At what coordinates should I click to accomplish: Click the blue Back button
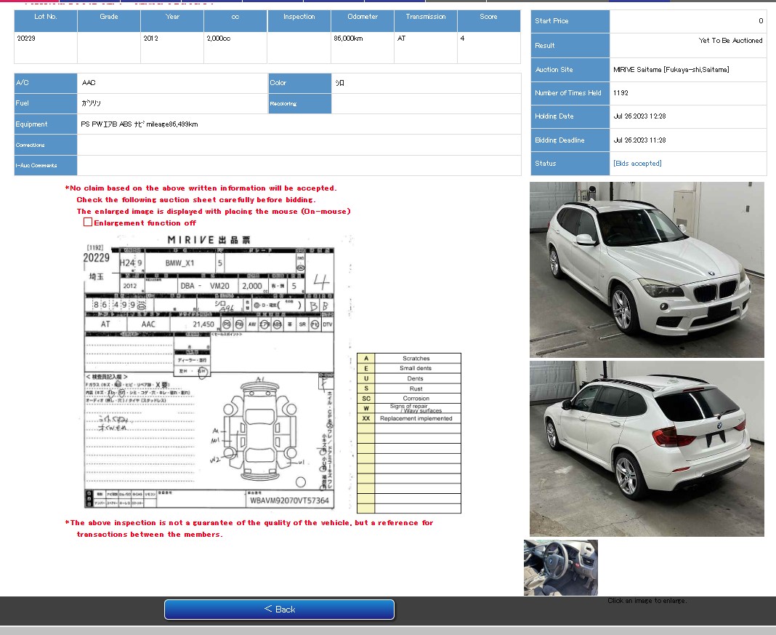coord(279,609)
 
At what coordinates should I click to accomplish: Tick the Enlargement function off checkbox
coord(88,223)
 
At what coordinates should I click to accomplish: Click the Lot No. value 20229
coord(26,39)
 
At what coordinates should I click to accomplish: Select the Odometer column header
coord(362,17)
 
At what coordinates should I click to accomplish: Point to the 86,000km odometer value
coord(348,39)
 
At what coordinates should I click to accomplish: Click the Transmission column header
coord(426,17)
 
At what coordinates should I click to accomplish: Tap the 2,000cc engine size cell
coord(219,39)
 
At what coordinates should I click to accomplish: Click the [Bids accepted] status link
coord(637,164)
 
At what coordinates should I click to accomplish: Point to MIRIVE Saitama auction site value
coord(671,70)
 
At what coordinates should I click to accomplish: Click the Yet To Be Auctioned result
coord(730,41)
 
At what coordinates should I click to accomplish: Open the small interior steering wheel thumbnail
coord(561,567)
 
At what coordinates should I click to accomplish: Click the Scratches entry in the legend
coord(416,359)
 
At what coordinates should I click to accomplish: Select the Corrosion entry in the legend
coord(416,399)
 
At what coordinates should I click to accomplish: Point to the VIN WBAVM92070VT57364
coord(289,500)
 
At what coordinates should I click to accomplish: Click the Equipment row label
coord(32,124)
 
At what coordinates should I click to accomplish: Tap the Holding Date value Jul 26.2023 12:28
coord(639,116)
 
